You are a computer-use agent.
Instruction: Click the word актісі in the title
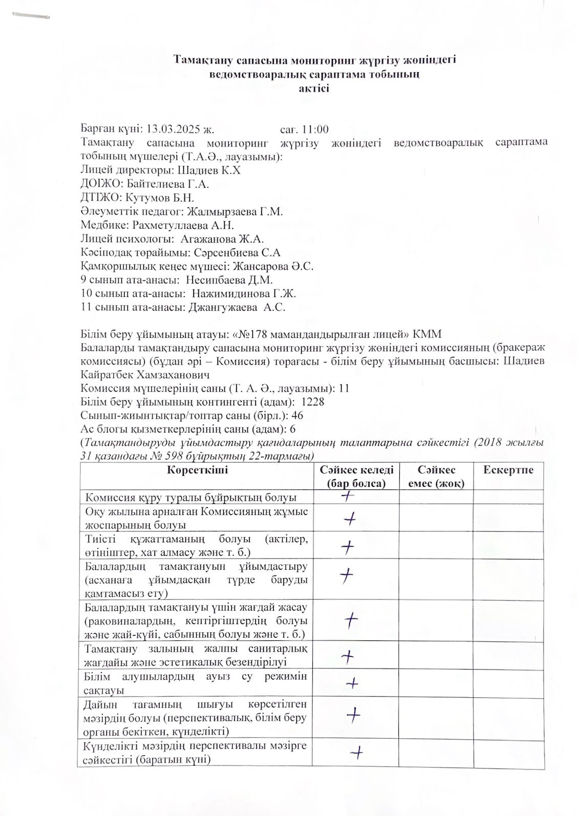[x=314, y=88]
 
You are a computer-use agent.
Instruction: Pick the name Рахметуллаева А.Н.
[x=183, y=225]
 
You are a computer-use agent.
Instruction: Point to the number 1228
[x=312, y=402]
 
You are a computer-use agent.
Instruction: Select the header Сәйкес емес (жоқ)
[x=436, y=476]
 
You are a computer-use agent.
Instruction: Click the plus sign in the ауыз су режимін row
[x=352, y=682]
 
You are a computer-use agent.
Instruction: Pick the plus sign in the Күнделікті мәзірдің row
[x=357, y=752]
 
